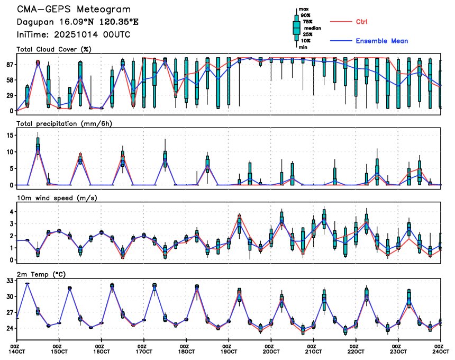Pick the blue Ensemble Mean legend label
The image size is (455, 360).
(x=381, y=41)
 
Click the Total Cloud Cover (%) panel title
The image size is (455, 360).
(x=54, y=50)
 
